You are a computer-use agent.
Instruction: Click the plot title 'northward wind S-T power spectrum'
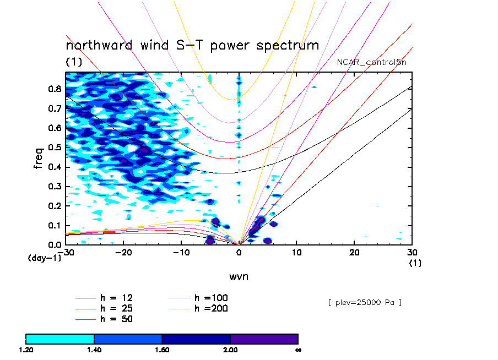point(192,45)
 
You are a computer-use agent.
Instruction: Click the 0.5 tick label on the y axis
point(53,147)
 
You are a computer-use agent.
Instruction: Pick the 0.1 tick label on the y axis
point(53,225)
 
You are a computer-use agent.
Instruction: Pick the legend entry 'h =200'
point(212,308)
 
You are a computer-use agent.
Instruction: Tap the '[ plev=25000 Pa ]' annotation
point(364,302)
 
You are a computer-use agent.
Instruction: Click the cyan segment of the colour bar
point(60,338)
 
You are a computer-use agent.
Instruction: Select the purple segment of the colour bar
point(264,338)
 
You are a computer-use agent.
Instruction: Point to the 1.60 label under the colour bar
point(162,350)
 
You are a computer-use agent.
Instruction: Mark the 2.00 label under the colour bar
point(230,350)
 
